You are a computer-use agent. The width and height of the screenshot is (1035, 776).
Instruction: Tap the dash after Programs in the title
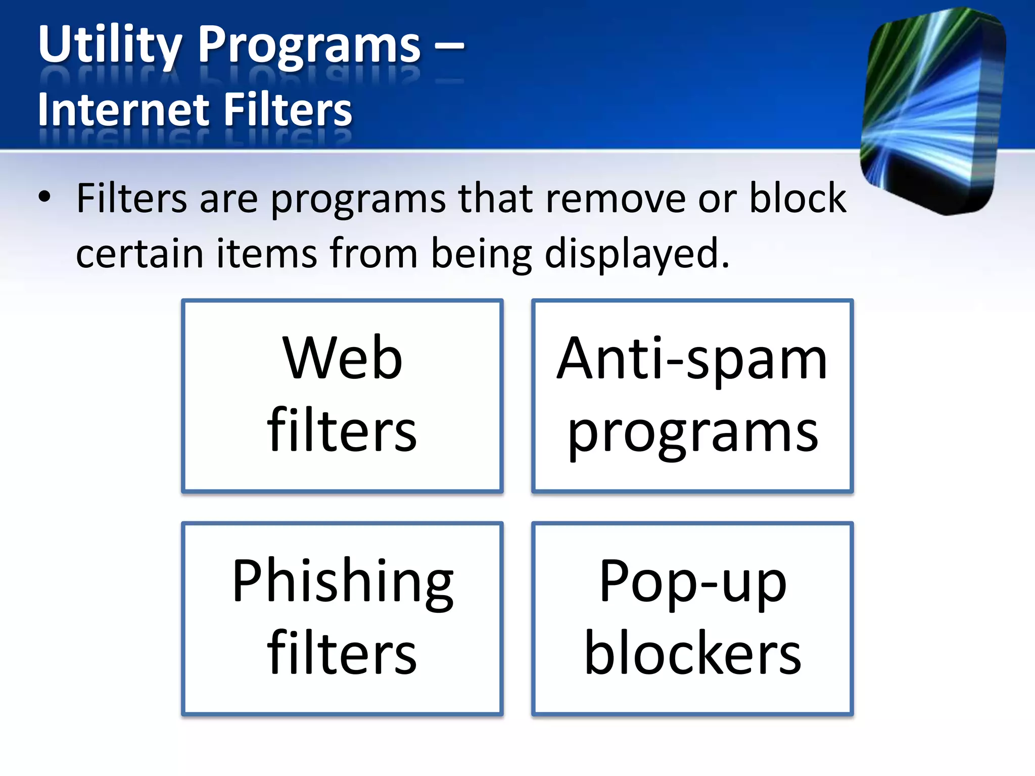[449, 45]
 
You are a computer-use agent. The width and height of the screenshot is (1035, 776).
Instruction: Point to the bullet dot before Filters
[44, 198]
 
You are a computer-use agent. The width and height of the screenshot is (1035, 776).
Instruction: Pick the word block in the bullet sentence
[797, 198]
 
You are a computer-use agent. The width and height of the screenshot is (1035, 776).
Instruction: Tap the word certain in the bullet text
[139, 253]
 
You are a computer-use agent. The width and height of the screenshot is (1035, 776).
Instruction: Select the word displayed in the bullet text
[637, 254]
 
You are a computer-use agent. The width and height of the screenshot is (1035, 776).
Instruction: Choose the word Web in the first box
[343, 358]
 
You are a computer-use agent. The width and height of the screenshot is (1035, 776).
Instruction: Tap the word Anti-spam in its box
[692, 360]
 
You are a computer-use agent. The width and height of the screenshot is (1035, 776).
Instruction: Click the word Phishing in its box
[343, 582]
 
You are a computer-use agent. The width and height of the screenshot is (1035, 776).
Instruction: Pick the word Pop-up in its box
[692, 582]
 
